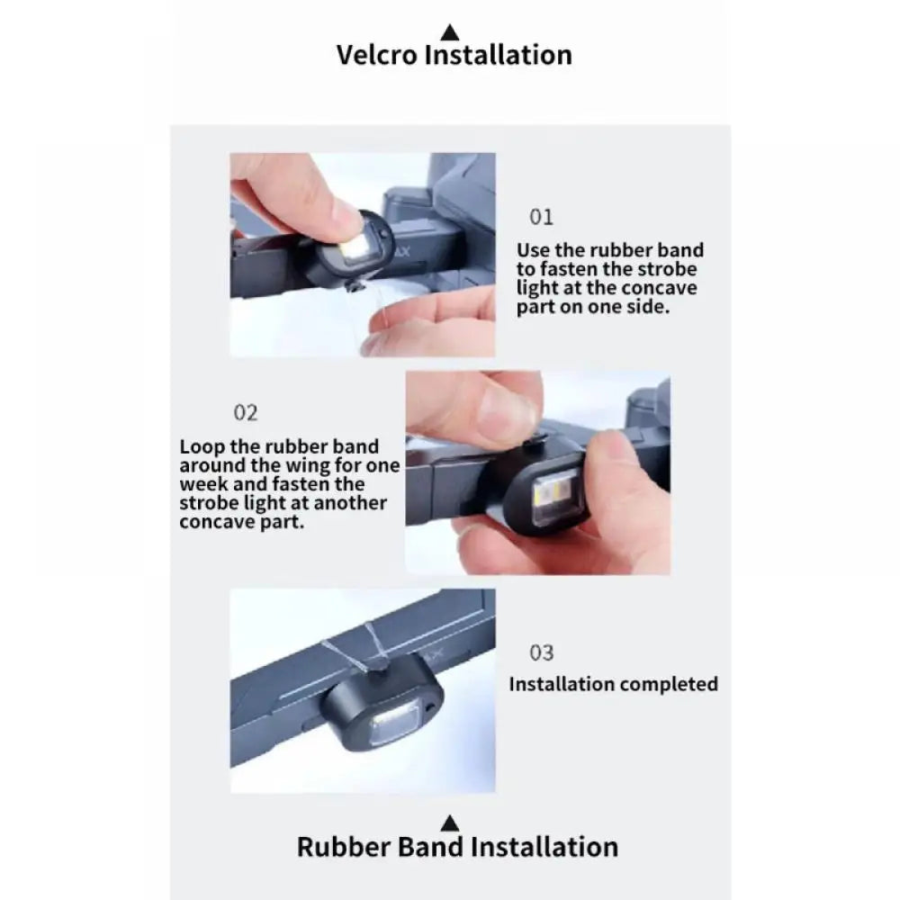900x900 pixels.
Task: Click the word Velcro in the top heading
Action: (x=376, y=55)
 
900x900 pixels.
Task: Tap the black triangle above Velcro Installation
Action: (x=450, y=32)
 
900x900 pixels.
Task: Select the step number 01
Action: (x=541, y=217)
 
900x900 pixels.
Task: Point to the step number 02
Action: (x=246, y=413)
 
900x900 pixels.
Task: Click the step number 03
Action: (x=541, y=652)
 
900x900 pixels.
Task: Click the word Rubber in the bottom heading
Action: (x=343, y=847)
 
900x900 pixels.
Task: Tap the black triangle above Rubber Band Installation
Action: (x=450, y=823)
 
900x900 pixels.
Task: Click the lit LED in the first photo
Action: (x=351, y=251)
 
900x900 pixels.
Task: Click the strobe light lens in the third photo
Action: (x=395, y=724)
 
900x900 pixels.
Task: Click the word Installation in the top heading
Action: (x=499, y=55)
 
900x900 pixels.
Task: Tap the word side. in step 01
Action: (x=648, y=307)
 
